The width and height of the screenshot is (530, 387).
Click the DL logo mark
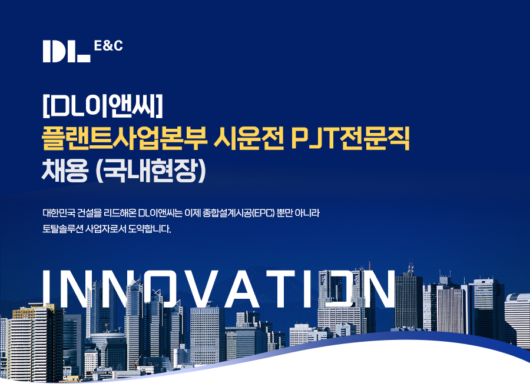click(x=67, y=51)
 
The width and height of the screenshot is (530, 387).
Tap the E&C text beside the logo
click(x=108, y=46)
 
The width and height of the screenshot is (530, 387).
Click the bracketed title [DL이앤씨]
click(x=102, y=106)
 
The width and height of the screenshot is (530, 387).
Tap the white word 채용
click(x=65, y=170)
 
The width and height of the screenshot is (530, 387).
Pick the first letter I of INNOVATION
click(x=47, y=289)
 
